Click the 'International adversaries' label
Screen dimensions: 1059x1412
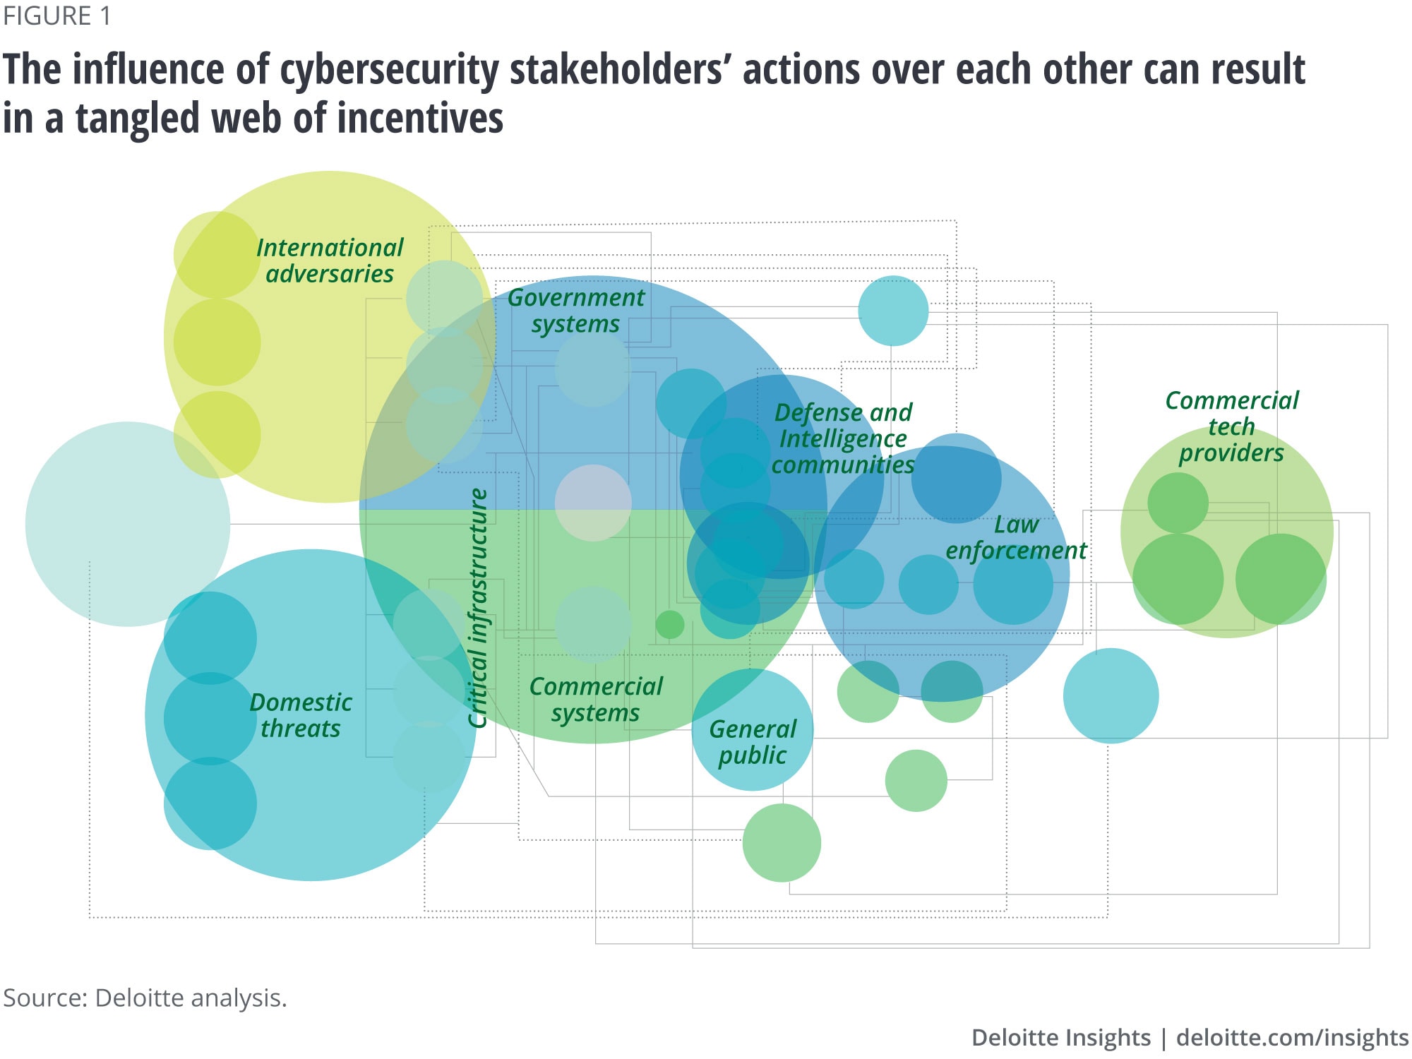329,261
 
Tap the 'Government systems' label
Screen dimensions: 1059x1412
575,311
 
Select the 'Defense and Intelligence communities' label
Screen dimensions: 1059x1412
843,438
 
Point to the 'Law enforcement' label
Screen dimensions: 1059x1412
1016,537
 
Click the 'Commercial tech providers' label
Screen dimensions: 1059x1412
1231,426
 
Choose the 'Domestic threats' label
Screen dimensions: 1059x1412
301,715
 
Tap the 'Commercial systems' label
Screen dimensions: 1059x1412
596,699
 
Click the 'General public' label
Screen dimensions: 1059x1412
753,742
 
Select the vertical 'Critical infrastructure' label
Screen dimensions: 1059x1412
479,607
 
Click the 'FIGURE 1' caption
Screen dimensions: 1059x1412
57,16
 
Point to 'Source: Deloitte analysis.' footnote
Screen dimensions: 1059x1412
145,998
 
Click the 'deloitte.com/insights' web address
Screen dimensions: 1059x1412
1292,1037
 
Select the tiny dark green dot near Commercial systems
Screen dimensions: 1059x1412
670,625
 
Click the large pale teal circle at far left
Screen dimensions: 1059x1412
128,524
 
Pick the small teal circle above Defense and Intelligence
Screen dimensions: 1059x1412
893,311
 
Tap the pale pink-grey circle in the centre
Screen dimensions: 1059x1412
593,503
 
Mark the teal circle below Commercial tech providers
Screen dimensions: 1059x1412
1111,695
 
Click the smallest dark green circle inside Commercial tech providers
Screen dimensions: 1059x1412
1178,503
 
